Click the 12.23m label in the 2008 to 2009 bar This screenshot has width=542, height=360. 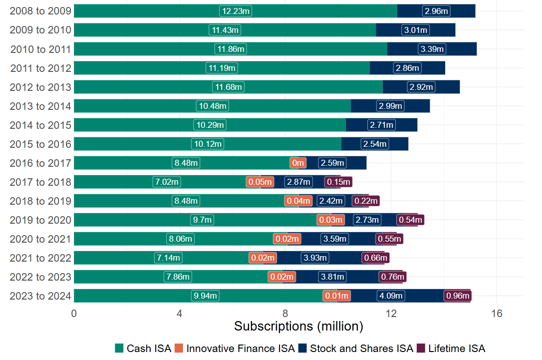(x=236, y=11)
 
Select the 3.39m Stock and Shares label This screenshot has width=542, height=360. (x=432, y=49)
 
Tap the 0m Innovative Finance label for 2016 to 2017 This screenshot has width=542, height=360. (x=298, y=163)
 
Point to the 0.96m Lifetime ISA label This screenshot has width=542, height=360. (x=458, y=296)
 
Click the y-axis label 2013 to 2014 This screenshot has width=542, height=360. (x=40, y=106)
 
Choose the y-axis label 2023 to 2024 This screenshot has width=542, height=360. (x=40, y=296)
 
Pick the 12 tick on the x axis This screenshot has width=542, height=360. (x=391, y=314)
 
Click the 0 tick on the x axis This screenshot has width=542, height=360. (x=74, y=314)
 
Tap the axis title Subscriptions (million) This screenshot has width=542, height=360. (x=298, y=326)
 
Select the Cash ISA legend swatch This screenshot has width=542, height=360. (x=119, y=348)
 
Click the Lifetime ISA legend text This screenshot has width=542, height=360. (x=457, y=348)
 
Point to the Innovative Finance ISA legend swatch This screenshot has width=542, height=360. (x=179, y=348)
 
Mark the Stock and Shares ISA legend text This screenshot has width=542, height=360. (x=361, y=348)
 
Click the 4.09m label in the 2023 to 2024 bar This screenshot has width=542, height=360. (x=391, y=296)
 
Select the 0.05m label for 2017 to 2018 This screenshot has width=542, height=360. (x=260, y=182)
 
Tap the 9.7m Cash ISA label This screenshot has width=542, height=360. (x=202, y=220)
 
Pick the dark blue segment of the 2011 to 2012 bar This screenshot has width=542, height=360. (x=407, y=68)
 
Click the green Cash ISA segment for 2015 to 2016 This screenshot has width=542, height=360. (x=208, y=144)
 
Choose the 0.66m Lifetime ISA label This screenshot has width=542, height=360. (x=376, y=258)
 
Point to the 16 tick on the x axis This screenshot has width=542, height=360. (x=497, y=314)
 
